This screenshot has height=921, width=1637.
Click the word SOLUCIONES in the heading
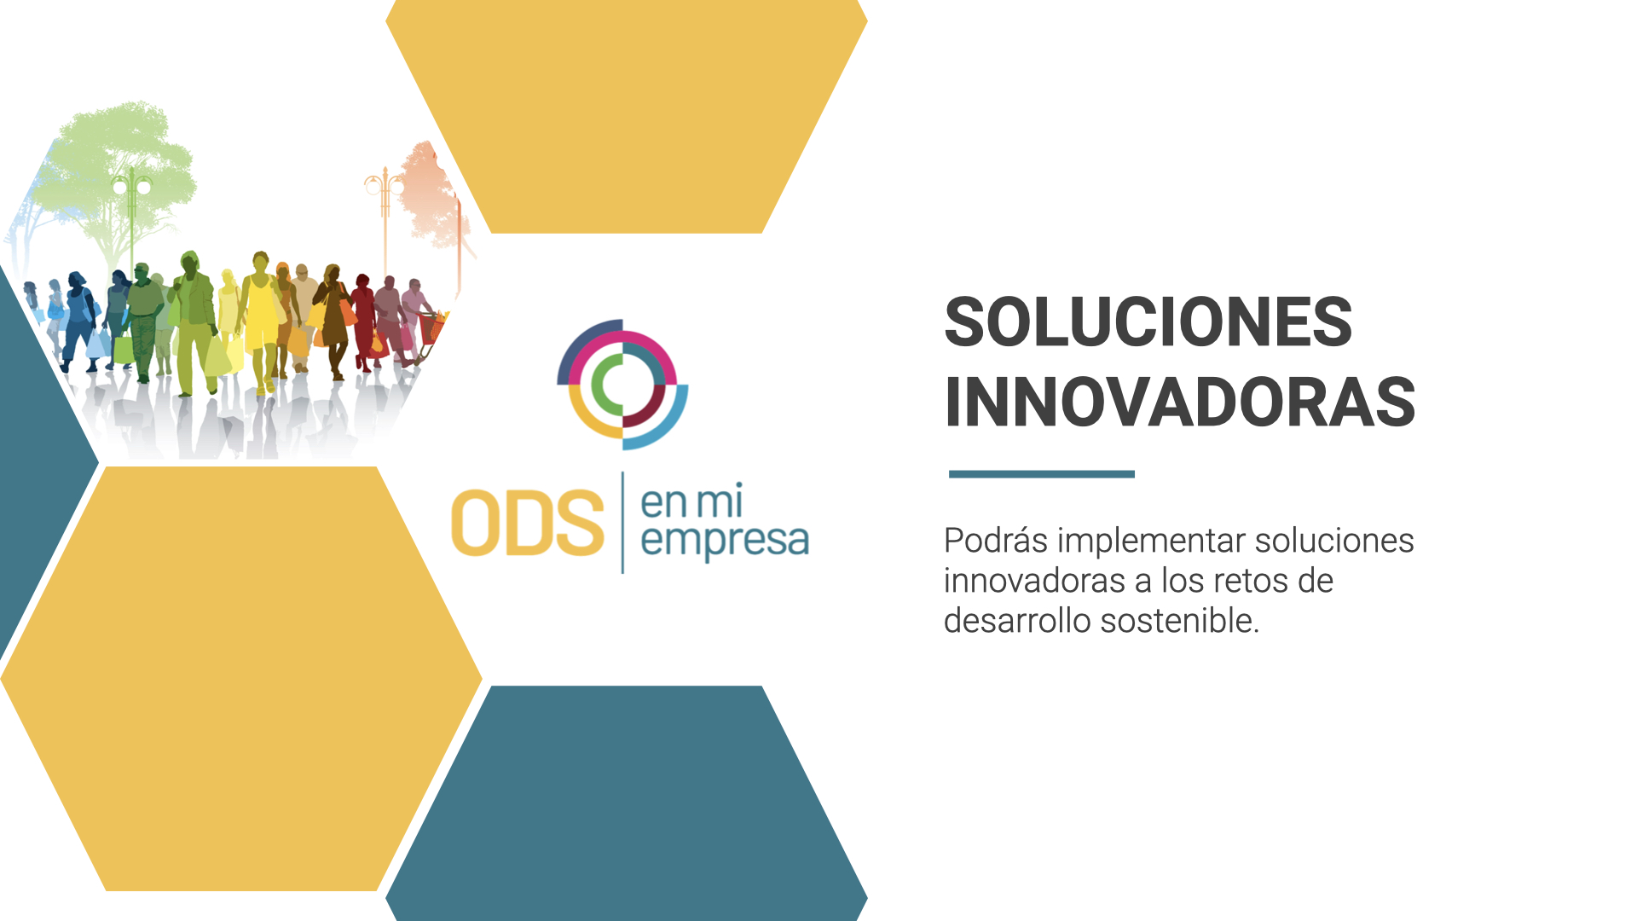coord(1148,321)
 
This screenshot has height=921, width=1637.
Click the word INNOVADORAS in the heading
coord(1180,402)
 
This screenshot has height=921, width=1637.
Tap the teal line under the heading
coord(1041,474)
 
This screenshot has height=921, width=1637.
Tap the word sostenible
coord(1180,621)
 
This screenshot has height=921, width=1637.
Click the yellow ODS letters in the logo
coord(528,523)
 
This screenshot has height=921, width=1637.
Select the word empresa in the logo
coord(725,542)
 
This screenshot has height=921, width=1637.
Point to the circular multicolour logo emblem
coord(622,385)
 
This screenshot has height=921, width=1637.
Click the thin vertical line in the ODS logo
coord(622,522)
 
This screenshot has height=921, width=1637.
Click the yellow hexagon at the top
coord(627,116)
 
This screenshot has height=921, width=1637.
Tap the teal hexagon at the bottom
coord(627,803)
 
